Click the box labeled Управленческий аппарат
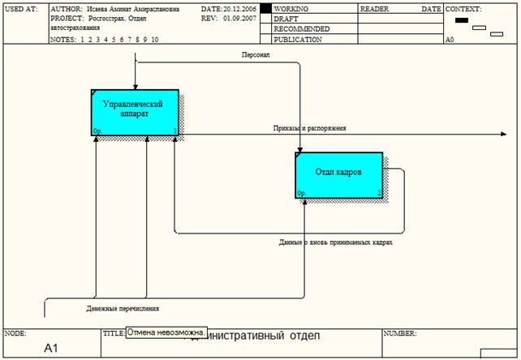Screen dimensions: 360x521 [x=134, y=113]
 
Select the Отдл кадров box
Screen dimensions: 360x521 [x=338, y=174]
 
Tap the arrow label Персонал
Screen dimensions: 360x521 [x=256, y=55]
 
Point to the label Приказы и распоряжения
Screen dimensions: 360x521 [x=309, y=128]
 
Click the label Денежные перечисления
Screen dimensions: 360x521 [x=122, y=309]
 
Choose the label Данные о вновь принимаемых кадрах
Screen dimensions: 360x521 [x=335, y=242]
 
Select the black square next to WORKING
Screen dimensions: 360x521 [x=265, y=9]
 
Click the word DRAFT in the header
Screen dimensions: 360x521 [x=286, y=19]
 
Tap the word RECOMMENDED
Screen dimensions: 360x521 [x=301, y=28]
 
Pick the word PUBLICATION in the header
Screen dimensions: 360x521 [x=297, y=38]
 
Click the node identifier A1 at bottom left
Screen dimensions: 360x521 [x=51, y=348]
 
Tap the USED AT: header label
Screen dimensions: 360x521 [x=20, y=9]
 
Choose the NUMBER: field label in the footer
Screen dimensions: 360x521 [x=400, y=333]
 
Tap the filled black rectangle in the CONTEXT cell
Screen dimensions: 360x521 [x=462, y=20]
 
